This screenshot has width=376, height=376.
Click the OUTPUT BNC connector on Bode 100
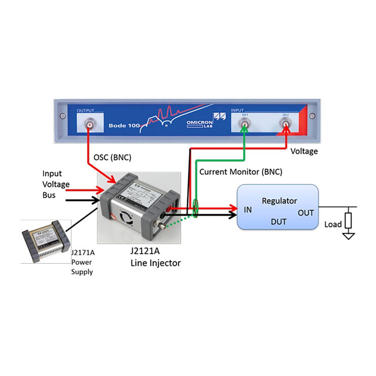click(90, 124)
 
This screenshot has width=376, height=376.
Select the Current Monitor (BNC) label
click(241, 172)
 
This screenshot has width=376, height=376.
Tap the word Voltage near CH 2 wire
click(305, 151)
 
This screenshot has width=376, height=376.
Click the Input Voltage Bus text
click(56, 184)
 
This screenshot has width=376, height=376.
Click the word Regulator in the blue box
click(279, 201)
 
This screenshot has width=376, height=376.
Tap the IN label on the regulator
click(247, 210)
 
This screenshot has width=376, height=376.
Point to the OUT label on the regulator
click(306, 213)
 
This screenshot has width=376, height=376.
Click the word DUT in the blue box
click(279, 222)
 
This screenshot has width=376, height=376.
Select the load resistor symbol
click(349, 220)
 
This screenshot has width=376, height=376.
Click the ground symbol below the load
click(349, 236)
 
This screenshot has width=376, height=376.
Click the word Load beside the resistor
click(333, 224)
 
